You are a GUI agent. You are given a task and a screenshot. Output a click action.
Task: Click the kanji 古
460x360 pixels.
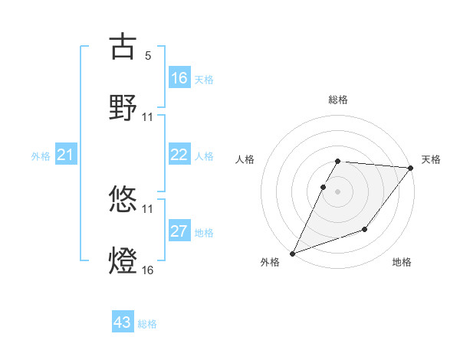tap(123, 47)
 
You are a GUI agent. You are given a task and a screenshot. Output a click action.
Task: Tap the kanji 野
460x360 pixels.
tap(123, 107)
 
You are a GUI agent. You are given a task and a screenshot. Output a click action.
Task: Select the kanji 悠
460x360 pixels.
tap(123, 201)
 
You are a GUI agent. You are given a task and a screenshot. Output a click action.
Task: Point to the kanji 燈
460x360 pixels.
tap(123, 260)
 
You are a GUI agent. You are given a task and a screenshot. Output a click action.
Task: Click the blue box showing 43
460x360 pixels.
tap(123, 322)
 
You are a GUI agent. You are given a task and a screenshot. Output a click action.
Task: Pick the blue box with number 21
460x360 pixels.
tap(66, 155)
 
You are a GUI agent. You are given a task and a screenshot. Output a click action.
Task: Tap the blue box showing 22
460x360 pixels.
tap(179, 155)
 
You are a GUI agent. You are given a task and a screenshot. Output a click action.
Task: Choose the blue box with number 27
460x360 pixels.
tap(179, 232)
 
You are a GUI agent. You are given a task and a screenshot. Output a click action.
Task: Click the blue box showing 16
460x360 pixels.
tap(179, 78)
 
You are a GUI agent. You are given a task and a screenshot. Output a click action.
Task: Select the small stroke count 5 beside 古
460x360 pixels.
tap(148, 56)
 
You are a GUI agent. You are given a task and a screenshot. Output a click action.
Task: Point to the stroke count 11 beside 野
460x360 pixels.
tap(148, 117)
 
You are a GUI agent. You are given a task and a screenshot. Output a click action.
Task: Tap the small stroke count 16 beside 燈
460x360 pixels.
tap(148, 270)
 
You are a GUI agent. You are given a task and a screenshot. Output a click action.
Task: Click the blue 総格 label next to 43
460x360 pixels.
tap(147, 324)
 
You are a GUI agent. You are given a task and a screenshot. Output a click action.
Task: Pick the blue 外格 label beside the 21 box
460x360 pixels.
tap(41, 156)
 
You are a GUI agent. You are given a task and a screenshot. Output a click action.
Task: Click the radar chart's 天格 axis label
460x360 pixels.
tap(431, 159)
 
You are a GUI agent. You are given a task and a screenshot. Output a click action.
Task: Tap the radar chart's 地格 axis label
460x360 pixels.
tap(402, 262)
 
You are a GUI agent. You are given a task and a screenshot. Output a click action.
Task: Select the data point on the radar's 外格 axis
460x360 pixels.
tap(292, 254)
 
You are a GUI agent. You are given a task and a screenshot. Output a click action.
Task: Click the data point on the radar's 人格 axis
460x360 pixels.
tap(324, 187)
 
